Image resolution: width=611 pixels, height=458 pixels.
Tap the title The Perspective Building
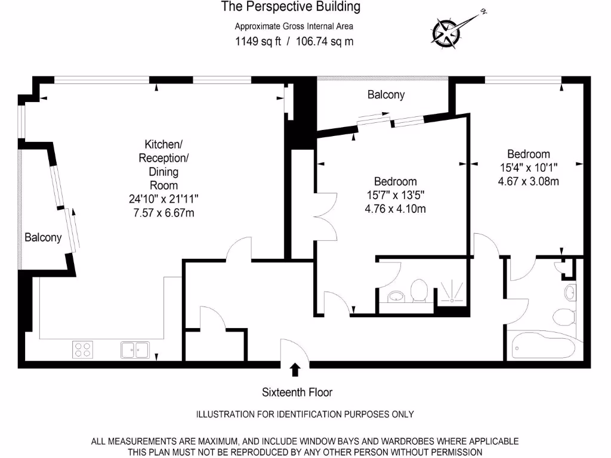(x=291, y=7)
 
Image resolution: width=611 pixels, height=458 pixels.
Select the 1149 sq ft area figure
(x=258, y=41)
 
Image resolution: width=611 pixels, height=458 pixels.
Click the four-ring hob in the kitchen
(x=82, y=349)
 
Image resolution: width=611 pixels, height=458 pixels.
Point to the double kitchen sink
(x=135, y=349)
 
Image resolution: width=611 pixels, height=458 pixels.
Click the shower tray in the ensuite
(x=452, y=292)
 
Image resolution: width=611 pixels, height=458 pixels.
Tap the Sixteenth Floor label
(x=297, y=392)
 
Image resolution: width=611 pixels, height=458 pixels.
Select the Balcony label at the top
(x=386, y=95)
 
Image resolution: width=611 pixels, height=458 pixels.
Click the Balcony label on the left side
(x=43, y=237)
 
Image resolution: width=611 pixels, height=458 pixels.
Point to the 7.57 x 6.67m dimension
(x=163, y=213)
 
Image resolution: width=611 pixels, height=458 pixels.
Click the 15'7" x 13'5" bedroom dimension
(x=395, y=195)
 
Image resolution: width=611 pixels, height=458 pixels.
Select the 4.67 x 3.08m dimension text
(x=529, y=181)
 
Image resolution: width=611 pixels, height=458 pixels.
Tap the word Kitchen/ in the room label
(x=163, y=144)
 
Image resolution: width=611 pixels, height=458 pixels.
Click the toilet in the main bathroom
(x=564, y=317)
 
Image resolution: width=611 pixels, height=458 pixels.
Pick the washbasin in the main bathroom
(x=570, y=292)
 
